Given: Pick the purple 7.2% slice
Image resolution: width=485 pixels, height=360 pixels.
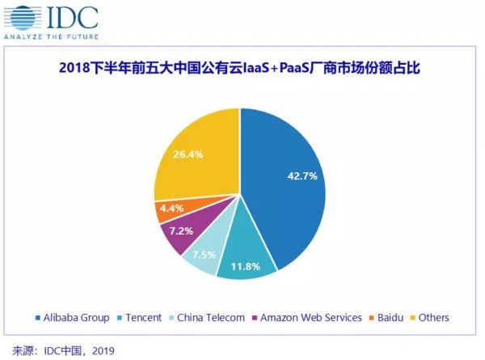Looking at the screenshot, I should [179, 233].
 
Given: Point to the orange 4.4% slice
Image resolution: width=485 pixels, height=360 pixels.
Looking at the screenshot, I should [171, 209].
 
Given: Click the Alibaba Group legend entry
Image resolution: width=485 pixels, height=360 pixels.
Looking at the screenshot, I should [78, 318].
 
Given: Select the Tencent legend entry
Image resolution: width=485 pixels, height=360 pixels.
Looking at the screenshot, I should [142, 318].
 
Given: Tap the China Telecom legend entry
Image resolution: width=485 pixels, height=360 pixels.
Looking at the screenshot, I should [210, 318].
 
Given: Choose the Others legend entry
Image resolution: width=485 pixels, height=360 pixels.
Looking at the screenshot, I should [428, 318].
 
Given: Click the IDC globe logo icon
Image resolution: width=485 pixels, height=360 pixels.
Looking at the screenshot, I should [20, 20].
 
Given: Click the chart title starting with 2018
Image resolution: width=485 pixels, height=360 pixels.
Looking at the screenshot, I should [242, 70].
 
